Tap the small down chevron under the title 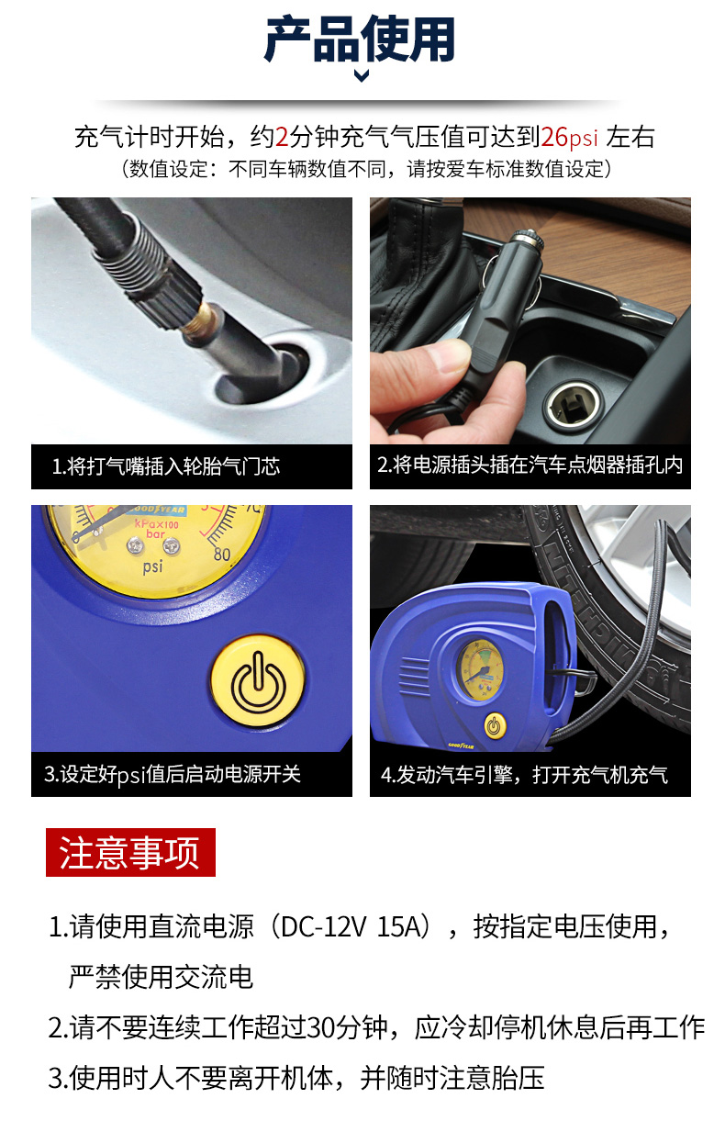(x=362, y=76)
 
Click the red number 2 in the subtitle (x=282, y=137)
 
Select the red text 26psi (x=570, y=137)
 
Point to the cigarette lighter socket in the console (x=574, y=405)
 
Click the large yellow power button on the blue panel (x=258, y=681)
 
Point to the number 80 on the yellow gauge (x=222, y=555)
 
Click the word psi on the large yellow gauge (x=152, y=567)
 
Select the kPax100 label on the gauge (x=156, y=524)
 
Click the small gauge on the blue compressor (x=479, y=669)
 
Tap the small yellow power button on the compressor (x=495, y=726)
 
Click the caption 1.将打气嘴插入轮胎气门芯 (x=166, y=466)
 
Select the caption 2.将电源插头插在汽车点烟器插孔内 (x=530, y=465)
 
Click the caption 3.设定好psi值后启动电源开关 (x=173, y=774)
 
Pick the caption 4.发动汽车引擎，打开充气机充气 (x=524, y=775)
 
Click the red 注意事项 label (x=130, y=852)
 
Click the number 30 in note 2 (x=320, y=1027)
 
